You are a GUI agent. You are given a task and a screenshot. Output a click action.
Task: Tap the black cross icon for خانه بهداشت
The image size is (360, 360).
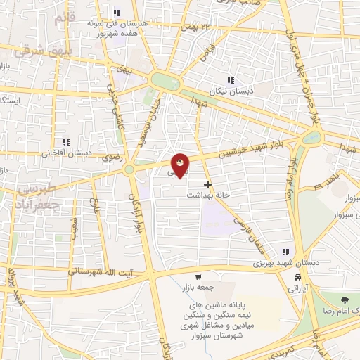[207, 184]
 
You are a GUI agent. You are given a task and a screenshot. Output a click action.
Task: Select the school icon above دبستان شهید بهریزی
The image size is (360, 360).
[285, 252]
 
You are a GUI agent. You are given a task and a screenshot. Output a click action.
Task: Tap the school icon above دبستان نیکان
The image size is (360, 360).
[231, 79]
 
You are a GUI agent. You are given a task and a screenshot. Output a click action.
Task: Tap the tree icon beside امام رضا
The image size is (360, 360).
[344, 300]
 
